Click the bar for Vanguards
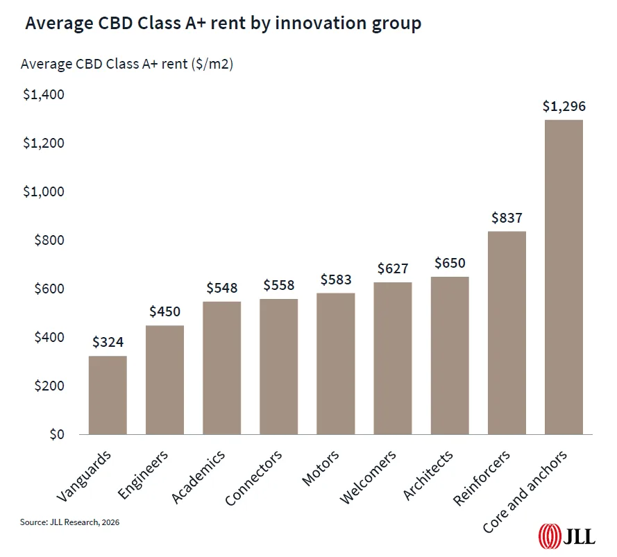point(108,395)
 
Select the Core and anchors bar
point(564,277)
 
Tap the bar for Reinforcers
point(507,333)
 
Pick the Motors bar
point(336,364)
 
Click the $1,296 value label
point(564,106)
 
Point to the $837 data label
point(507,218)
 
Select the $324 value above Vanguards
point(108,342)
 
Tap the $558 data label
point(279,285)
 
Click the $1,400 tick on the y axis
point(43,95)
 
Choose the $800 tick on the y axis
point(48,241)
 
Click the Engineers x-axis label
point(144,475)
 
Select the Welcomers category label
point(369,477)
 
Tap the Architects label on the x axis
point(428,476)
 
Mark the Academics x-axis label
point(199,477)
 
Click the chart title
point(223,24)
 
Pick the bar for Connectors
point(279,367)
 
